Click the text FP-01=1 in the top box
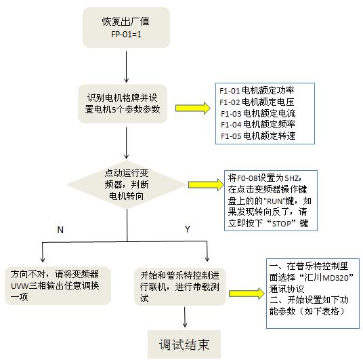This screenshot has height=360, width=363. click(x=126, y=35)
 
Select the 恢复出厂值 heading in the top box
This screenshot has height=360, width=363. click(x=126, y=21)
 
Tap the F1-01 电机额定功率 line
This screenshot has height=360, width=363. click(x=257, y=90)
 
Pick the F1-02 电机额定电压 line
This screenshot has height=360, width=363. click(x=257, y=102)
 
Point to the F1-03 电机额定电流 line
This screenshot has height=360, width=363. click(x=258, y=113)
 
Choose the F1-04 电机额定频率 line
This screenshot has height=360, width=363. click(x=258, y=125)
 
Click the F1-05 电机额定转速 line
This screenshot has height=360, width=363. click(x=258, y=136)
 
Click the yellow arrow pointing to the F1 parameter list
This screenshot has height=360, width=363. click(x=193, y=108)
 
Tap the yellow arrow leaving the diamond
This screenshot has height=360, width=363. click(x=207, y=185)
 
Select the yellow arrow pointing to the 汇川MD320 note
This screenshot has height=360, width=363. click(x=247, y=294)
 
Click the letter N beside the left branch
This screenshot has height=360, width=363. click(x=60, y=230)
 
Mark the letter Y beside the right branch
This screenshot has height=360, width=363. click(x=188, y=229)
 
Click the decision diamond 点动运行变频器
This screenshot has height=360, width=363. click(x=127, y=185)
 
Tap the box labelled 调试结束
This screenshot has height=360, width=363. click(x=184, y=344)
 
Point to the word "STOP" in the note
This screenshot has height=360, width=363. click(x=281, y=224)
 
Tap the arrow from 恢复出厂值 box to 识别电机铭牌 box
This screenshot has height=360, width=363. click(x=126, y=66)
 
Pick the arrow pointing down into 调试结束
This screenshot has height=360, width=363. click(x=185, y=317)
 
